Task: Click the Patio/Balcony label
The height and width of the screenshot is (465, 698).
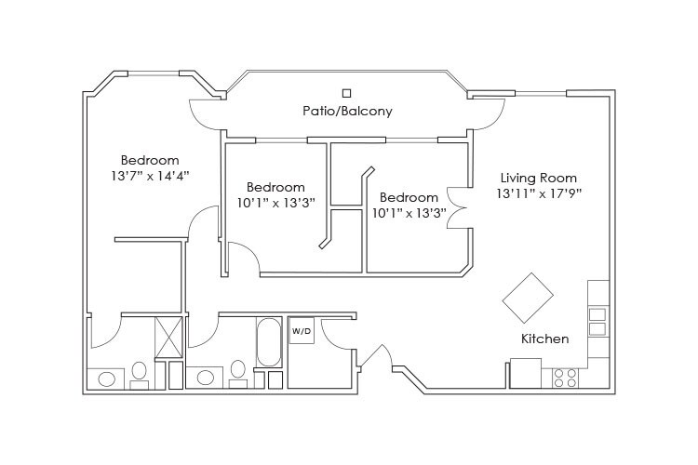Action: tap(347, 111)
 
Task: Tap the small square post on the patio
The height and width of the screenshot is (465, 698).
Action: tap(347, 92)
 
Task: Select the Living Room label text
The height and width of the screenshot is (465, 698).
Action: tap(538, 178)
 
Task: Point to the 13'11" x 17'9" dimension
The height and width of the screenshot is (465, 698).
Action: tap(538, 193)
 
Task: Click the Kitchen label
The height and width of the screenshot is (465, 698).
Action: tap(544, 339)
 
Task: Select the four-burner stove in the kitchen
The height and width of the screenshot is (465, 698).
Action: tap(565, 377)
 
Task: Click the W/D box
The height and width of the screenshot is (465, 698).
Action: tap(302, 331)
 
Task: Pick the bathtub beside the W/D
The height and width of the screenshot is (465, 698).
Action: tap(268, 341)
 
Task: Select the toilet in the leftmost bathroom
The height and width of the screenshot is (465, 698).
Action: tap(140, 373)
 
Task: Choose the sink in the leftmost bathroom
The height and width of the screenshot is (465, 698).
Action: tap(107, 379)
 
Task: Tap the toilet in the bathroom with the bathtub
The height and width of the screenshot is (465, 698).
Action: tap(237, 373)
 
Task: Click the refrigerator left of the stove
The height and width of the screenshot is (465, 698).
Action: tap(525, 374)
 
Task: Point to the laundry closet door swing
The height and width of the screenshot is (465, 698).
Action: tap(341, 334)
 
